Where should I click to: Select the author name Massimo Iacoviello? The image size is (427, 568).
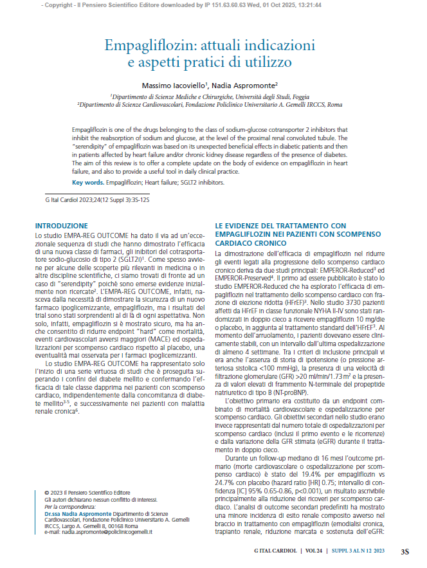click(x=170, y=84)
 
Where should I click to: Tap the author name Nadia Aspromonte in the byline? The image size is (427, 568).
click(x=246, y=84)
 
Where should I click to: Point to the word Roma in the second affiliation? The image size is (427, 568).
click(x=334, y=104)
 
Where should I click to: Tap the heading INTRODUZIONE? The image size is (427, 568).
click(x=61, y=226)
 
